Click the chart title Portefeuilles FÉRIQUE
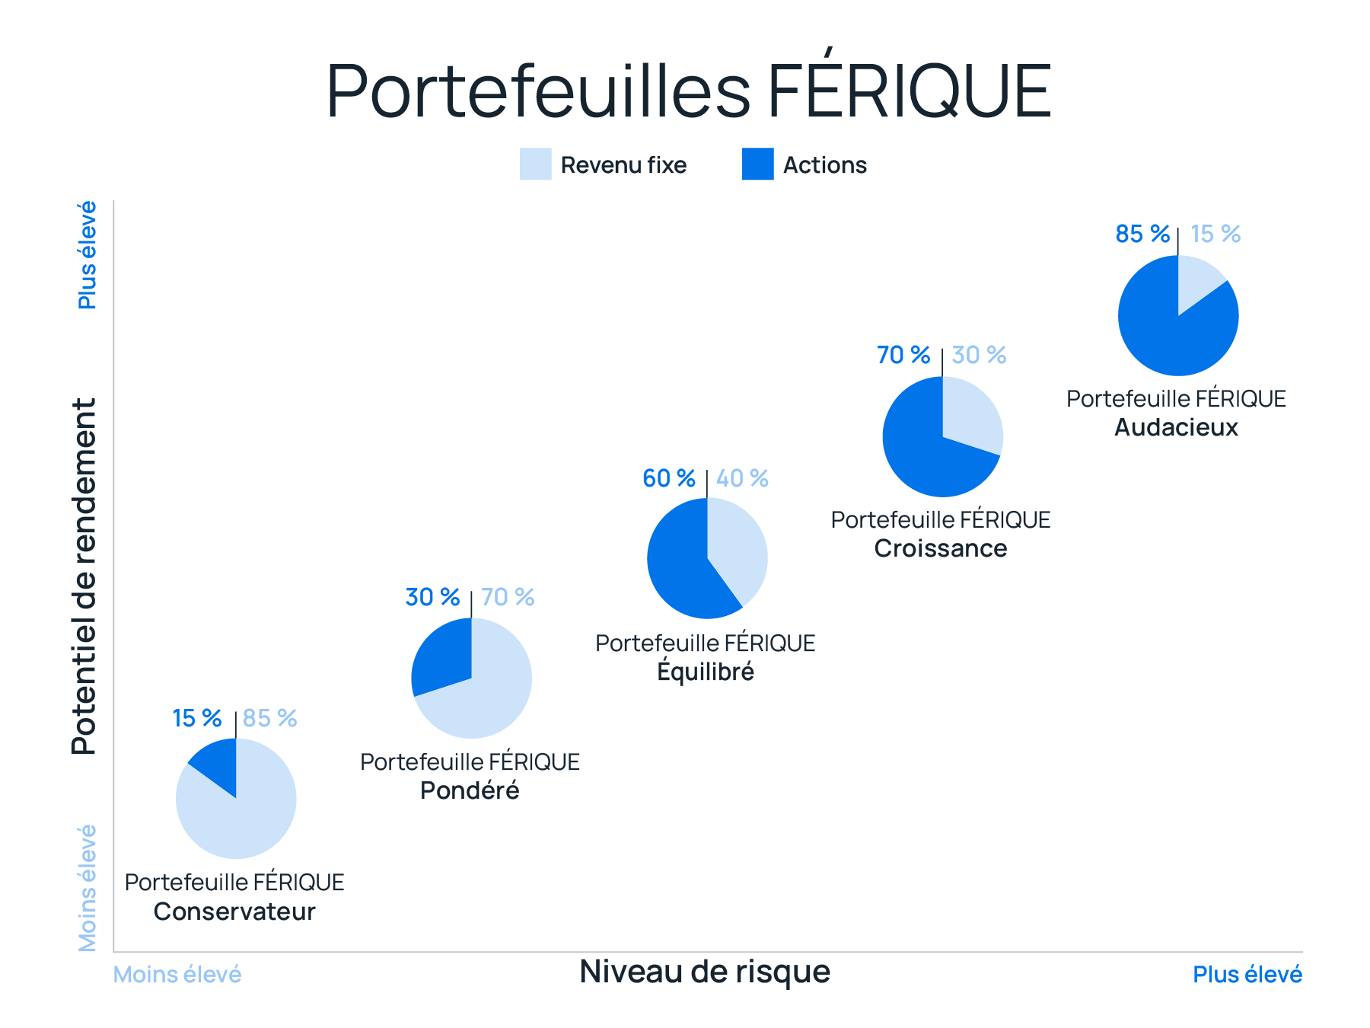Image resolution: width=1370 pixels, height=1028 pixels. (x=688, y=91)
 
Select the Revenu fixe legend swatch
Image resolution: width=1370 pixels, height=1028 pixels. (x=535, y=164)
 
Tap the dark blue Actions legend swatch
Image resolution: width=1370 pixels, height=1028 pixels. (x=757, y=164)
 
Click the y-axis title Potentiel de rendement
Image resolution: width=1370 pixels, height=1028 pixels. (x=84, y=576)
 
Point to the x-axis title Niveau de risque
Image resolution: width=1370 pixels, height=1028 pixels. (x=704, y=972)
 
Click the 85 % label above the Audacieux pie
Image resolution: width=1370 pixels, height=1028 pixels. (x=1142, y=234)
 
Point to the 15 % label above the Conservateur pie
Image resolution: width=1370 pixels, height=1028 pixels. (x=196, y=718)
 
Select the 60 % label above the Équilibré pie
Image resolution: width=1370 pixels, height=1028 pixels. (x=668, y=478)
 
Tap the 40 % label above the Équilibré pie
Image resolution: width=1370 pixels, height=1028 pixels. (x=742, y=478)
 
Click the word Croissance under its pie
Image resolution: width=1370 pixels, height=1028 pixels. (x=940, y=548)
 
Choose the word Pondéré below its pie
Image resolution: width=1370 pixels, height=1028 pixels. (x=470, y=790)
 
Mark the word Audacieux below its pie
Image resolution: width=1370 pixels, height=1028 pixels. (x=1176, y=427)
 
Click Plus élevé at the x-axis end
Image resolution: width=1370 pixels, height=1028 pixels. (x=1247, y=975)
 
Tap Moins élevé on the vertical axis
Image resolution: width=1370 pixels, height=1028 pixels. (x=88, y=888)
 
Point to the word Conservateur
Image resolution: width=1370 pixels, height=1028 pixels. (x=234, y=911)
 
